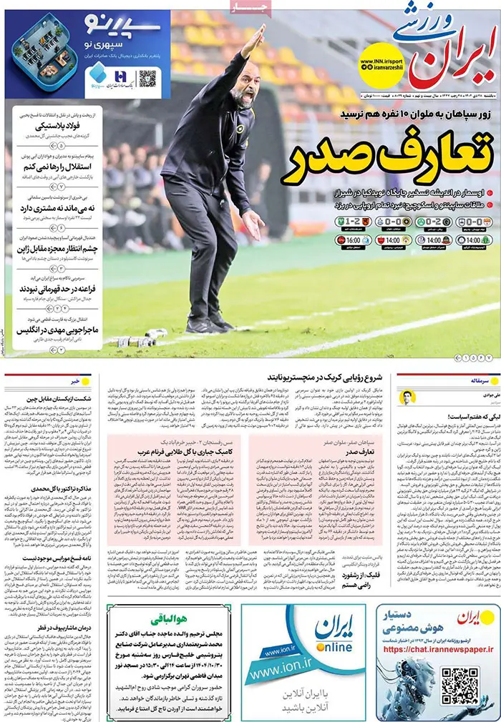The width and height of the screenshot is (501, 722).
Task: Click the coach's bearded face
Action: (244, 92)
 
